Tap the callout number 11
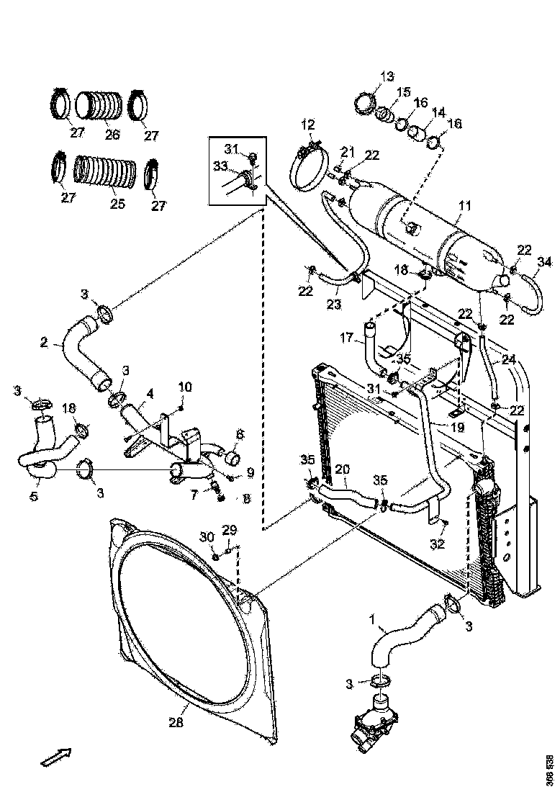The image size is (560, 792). coord(464,206)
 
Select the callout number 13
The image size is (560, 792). coord(387,76)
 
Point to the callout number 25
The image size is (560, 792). coord(117,204)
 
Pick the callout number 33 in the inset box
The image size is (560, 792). coord(220,166)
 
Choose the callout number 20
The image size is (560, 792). coord(342,467)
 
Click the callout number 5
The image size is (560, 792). coord(35,496)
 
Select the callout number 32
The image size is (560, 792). coord(438,544)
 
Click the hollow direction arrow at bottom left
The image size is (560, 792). coord(55,757)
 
